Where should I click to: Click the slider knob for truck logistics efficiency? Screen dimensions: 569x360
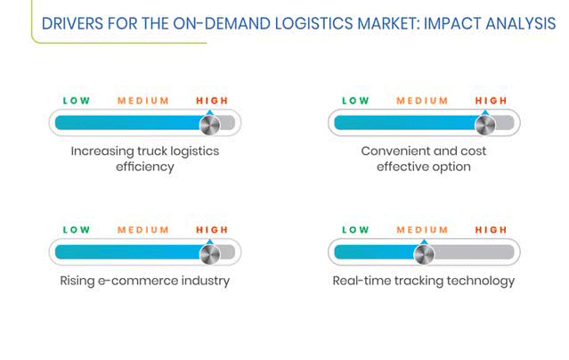(x=210, y=126)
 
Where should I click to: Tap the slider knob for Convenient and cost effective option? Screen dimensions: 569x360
(x=485, y=126)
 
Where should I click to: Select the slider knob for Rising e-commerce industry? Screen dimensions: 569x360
(x=210, y=255)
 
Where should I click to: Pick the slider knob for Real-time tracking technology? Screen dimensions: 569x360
(x=424, y=255)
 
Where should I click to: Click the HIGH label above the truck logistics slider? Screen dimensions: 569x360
(x=212, y=101)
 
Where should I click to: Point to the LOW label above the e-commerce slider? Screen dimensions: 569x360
(x=77, y=230)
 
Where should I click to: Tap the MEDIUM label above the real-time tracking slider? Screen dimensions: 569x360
(x=422, y=230)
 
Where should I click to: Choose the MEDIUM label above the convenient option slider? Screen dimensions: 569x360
(x=422, y=101)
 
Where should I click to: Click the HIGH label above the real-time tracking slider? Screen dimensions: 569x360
(x=491, y=230)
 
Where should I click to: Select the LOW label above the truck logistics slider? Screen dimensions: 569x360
(x=77, y=101)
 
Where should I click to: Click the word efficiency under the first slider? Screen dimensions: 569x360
(x=145, y=167)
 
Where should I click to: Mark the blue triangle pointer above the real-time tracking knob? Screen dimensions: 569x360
(x=424, y=242)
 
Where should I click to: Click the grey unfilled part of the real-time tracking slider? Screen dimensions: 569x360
(x=474, y=252)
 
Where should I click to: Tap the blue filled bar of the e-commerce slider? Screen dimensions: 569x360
(x=128, y=252)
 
